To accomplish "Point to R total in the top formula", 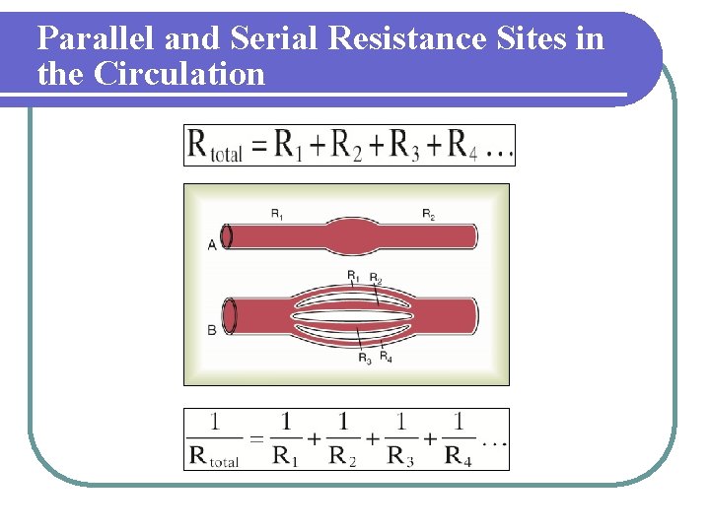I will tap(216, 147).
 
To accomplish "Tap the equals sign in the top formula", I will tap(259, 148).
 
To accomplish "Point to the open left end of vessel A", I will tap(228, 236).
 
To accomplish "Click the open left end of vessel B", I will tap(231, 316).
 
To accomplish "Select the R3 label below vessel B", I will tap(365, 358).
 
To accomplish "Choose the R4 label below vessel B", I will tap(387, 357).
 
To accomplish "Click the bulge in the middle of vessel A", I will tap(349, 236).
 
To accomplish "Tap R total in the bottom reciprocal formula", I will tap(215, 456).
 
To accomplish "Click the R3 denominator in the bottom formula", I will tap(400, 455).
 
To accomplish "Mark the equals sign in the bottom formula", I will tap(254, 440).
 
